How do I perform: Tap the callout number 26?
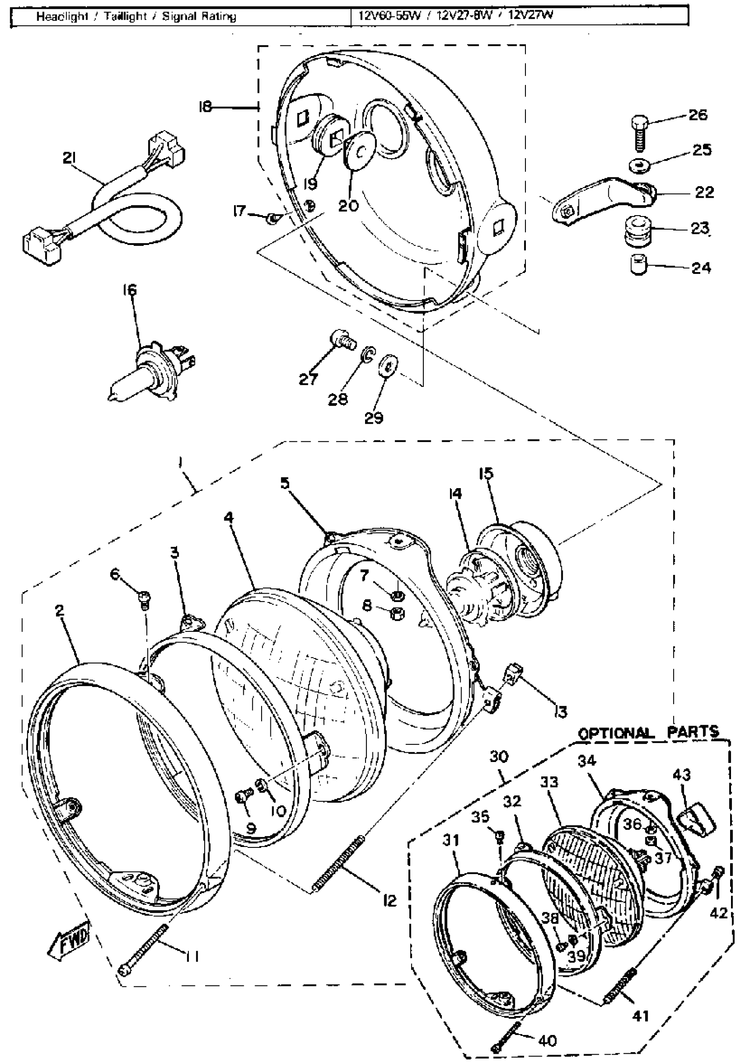(698, 114)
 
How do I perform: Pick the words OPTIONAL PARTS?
(648, 733)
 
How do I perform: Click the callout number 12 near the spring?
(390, 900)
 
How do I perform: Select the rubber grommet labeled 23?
(639, 231)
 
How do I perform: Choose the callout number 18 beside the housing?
(204, 107)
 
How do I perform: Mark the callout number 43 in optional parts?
(681, 775)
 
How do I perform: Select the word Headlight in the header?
(62, 17)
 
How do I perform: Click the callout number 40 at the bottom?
(547, 1040)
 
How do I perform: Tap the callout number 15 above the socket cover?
(486, 473)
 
